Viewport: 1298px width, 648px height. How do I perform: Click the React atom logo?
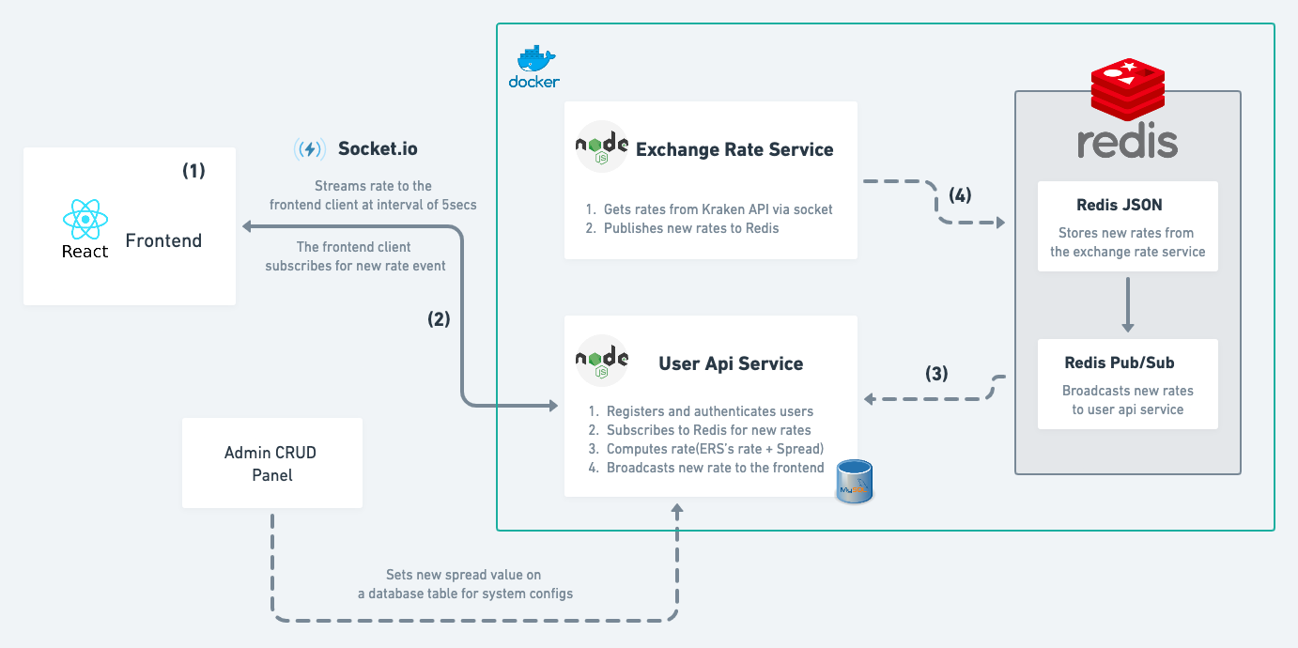pos(85,219)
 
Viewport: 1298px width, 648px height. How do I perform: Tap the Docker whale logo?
pos(534,61)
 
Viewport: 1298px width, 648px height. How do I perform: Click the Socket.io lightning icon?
pos(310,148)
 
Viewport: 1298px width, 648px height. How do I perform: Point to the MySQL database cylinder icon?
pos(855,480)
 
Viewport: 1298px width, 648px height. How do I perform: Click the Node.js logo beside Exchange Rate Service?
pos(602,148)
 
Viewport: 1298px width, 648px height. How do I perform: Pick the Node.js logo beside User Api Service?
pos(602,362)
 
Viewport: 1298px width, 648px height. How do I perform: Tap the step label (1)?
pos(193,171)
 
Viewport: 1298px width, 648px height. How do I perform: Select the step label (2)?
pos(439,318)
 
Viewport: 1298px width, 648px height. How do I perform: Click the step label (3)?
pos(936,373)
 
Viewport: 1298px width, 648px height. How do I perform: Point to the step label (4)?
pos(960,195)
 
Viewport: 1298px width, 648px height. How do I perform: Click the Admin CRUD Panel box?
pos(271,464)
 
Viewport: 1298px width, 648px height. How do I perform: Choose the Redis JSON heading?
pos(1127,206)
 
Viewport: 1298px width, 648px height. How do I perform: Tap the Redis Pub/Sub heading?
pos(1120,363)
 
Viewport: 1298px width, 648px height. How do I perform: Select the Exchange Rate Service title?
pos(734,149)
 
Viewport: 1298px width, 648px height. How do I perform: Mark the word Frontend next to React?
pos(163,240)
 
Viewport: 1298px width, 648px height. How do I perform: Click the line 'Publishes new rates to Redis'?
pos(690,228)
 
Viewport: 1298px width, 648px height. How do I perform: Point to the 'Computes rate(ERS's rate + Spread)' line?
pos(715,449)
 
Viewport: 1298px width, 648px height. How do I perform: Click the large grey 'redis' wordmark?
pos(1127,142)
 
